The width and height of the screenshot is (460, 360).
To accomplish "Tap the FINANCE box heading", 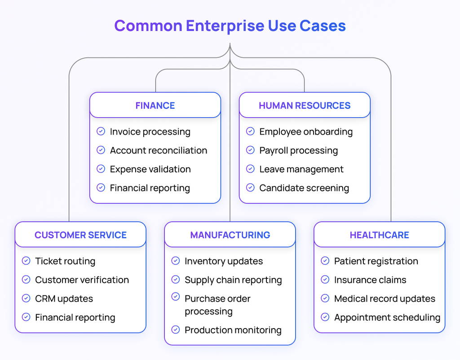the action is pyautogui.click(x=155, y=105).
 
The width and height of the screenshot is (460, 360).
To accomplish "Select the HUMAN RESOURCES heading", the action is pyautogui.click(x=305, y=105).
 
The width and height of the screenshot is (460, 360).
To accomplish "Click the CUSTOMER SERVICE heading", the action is pyautogui.click(x=81, y=235).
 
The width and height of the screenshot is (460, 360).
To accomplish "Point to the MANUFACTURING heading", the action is pyautogui.click(x=230, y=235).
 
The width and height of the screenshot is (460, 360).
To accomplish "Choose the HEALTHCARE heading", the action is pyautogui.click(x=379, y=235).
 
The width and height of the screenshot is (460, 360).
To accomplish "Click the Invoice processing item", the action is pyautogui.click(x=150, y=132).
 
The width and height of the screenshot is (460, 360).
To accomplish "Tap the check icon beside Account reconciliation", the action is pyautogui.click(x=101, y=150).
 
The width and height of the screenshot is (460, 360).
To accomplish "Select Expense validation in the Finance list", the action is pyautogui.click(x=150, y=169).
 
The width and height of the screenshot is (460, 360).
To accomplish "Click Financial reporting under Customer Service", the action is pyautogui.click(x=75, y=317).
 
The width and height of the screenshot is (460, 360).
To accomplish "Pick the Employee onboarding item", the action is pyautogui.click(x=306, y=132).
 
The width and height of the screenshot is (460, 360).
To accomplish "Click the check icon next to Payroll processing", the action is pyautogui.click(x=250, y=150).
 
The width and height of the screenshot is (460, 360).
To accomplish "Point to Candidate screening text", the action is pyautogui.click(x=304, y=188).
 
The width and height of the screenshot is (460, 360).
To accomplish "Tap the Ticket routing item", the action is pyautogui.click(x=65, y=261).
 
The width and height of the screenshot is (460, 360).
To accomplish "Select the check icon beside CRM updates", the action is pyautogui.click(x=26, y=299).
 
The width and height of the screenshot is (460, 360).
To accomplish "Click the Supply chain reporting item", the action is pyautogui.click(x=233, y=280).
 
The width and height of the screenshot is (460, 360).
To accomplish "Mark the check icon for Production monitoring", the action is pyautogui.click(x=176, y=330).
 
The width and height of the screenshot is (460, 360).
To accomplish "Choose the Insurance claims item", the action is pyautogui.click(x=370, y=280).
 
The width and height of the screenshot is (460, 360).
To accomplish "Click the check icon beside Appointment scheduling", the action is pyautogui.click(x=325, y=317).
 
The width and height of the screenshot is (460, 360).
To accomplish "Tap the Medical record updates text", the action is pyautogui.click(x=385, y=299).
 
